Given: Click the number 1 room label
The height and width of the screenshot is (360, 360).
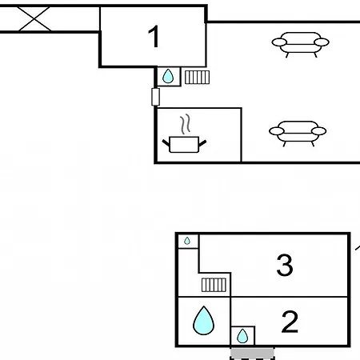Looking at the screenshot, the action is click(154, 37).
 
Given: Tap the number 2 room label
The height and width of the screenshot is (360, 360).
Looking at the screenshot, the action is click(290, 322).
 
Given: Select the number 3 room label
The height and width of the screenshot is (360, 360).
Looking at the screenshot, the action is click(285, 265).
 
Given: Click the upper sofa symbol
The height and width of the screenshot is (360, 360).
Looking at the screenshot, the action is click(301, 45).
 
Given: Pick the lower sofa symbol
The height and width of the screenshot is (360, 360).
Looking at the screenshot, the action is click(298, 134).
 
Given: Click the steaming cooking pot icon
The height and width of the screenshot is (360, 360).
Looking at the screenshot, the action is click(184, 134).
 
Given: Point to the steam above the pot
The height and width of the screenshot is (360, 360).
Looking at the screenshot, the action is click(186, 124).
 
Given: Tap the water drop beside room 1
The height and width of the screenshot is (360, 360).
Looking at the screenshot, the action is click(168, 76).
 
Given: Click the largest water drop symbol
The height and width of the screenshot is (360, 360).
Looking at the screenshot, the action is click(203, 320).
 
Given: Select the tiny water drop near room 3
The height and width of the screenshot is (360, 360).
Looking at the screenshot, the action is click(187, 241).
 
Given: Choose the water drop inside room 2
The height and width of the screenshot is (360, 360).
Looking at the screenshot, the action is click(242, 336).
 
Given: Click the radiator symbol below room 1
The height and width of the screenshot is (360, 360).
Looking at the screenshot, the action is click(197, 78).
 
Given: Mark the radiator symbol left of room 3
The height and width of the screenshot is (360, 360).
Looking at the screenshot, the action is click(214, 285).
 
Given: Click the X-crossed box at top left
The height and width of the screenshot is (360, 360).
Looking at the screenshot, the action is click(34, 19).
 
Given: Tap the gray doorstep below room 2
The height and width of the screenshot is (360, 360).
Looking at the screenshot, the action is click(252, 353).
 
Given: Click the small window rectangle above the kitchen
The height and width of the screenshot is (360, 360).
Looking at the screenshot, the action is click(156, 97).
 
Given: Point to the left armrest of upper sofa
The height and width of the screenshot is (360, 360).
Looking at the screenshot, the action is click(279, 42).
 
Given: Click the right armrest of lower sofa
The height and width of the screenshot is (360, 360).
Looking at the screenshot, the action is click(319, 131).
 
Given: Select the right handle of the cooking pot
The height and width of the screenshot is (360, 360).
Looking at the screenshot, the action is click(202, 143).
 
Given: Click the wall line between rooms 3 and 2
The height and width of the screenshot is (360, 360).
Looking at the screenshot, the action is click(289, 297).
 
